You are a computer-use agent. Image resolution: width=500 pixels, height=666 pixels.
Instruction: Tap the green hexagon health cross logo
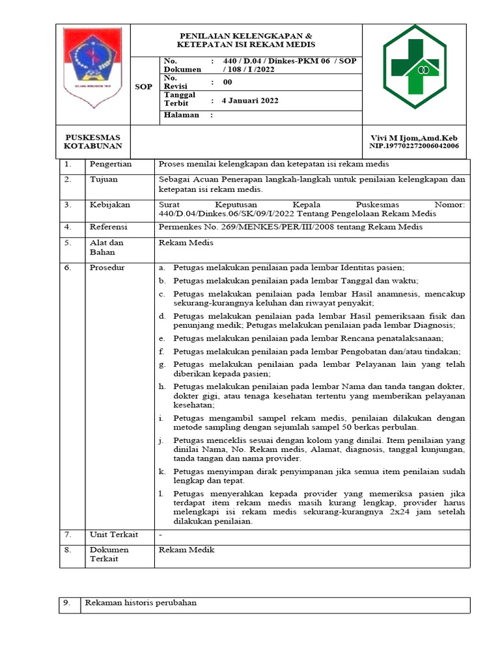(x=414, y=66)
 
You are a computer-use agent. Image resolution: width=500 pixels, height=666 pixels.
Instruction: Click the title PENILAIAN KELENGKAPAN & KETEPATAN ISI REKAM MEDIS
(x=246, y=40)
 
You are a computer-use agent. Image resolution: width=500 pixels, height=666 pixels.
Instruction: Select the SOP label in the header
(x=143, y=87)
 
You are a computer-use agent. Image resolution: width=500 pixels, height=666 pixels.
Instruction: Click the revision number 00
(x=227, y=83)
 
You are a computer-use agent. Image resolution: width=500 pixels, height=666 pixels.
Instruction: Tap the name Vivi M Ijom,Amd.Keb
(x=414, y=139)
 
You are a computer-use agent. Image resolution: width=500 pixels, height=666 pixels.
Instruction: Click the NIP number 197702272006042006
(x=414, y=146)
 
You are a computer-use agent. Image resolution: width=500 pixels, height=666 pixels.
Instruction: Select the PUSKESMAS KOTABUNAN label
(x=93, y=142)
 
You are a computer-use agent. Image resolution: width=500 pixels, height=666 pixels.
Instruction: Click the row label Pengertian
(x=111, y=165)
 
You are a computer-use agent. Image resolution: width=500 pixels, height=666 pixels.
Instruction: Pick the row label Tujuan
(x=103, y=179)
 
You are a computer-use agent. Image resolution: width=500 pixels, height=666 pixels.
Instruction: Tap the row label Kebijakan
(x=109, y=205)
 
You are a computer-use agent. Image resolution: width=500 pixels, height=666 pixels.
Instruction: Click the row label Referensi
(x=109, y=227)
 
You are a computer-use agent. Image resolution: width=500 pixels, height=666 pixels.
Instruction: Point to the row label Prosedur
(x=107, y=267)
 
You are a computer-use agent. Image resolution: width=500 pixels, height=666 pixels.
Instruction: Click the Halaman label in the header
(x=181, y=115)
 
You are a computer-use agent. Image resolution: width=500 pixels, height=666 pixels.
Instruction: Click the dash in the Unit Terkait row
(x=161, y=535)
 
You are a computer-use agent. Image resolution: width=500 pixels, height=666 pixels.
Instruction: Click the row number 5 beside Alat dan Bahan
(x=66, y=243)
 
